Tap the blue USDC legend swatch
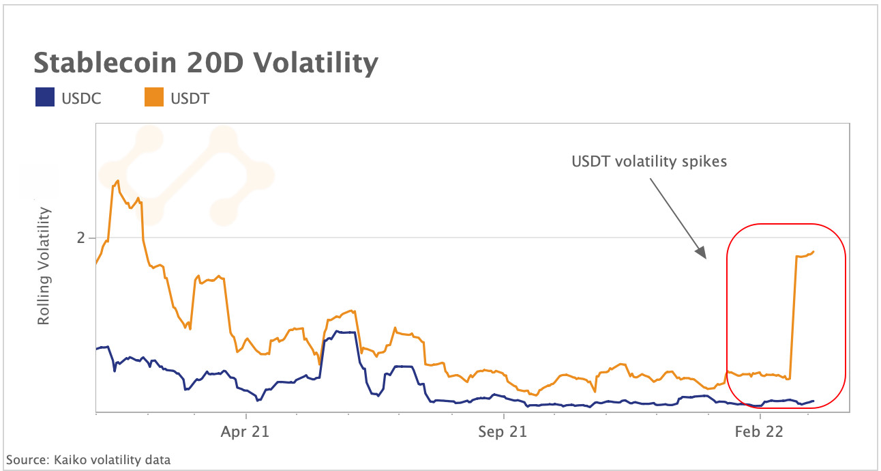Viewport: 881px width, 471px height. pos(44,98)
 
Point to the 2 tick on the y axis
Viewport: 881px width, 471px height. pos(82,238)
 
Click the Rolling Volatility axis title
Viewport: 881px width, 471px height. pos(44,266)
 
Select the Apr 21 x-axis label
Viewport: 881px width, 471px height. pos(245,431)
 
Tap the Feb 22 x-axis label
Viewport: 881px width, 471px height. pos(760,431)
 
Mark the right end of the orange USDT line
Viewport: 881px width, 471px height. pos(813,251)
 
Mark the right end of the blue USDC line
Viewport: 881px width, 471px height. pos(813,401)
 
